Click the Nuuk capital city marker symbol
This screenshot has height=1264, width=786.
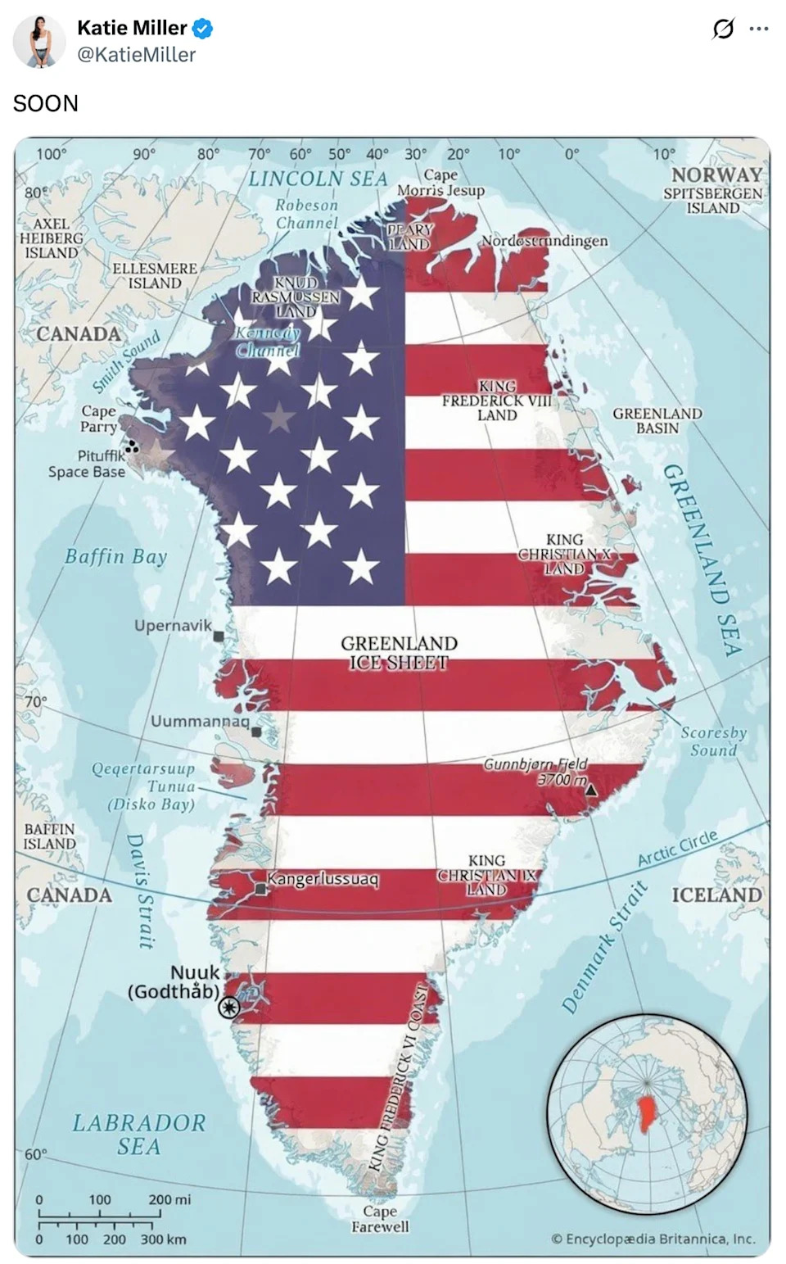229,1007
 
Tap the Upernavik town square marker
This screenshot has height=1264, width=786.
219,636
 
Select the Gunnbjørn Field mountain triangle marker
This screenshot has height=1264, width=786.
590,789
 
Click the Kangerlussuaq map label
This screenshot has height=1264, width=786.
323,879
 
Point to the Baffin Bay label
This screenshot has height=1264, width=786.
115,557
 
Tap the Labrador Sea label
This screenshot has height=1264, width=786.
138,1134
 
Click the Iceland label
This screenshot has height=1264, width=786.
716,895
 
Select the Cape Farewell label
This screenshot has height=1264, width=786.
380,1218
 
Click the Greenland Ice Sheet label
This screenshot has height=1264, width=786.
399,652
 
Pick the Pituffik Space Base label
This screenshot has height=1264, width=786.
87,464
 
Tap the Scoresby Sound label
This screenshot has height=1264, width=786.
713,741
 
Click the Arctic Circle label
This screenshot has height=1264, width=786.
677,848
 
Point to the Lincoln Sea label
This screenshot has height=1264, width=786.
318,179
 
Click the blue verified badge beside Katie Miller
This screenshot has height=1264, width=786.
202,29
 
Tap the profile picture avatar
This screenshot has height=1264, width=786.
39,41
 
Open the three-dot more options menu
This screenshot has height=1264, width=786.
759,29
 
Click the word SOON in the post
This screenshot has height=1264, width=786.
46,103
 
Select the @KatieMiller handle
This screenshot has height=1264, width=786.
136,55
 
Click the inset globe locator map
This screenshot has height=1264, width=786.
646,1113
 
